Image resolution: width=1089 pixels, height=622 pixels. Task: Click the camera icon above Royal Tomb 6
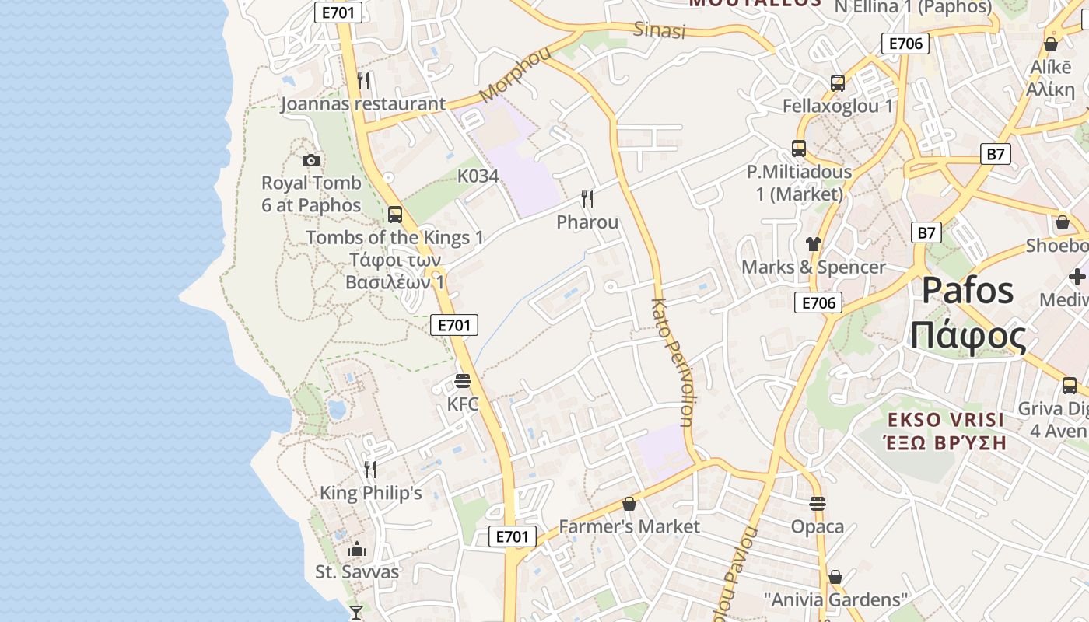click(x=311, y=160)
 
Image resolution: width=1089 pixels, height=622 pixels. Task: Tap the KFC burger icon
click(x=463, y=381)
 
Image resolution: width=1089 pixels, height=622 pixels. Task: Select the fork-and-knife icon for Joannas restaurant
click(x=362, y=80)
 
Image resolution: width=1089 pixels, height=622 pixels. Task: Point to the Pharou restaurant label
click(x=587, y=222)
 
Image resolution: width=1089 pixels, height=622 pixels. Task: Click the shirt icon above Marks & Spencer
click(x=814, y=244)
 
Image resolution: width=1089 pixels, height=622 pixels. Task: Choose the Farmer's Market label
click(x=629, y=526)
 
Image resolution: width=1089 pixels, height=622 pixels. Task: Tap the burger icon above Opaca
click(x=817, y=504)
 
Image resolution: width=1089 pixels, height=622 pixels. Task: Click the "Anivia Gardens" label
click(x=835, y=599)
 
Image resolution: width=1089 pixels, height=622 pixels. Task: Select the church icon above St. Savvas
click(x=357, y=549)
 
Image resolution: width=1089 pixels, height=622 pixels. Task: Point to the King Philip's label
click(x=371, y=493)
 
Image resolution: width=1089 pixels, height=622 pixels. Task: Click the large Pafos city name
click(x=968, y=291)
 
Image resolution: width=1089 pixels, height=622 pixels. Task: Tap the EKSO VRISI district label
click(x=947, y=421)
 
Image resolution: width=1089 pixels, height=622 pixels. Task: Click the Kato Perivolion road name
click(x=670, y=362)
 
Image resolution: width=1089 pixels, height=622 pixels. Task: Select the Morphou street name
click(x=515, y=74)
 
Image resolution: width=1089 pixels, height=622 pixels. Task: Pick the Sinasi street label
click(x=660, y=30)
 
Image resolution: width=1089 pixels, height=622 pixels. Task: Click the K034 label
click(x=478, y=176)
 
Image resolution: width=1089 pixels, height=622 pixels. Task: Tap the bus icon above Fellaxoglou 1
click(x=838, y=82)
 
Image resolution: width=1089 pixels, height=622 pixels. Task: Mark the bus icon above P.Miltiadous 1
click(x=799, y=148)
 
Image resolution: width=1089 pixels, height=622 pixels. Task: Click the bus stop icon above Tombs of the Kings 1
click(x=395, y=214)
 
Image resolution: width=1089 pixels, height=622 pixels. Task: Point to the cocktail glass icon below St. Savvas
click(x=356, y=612)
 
